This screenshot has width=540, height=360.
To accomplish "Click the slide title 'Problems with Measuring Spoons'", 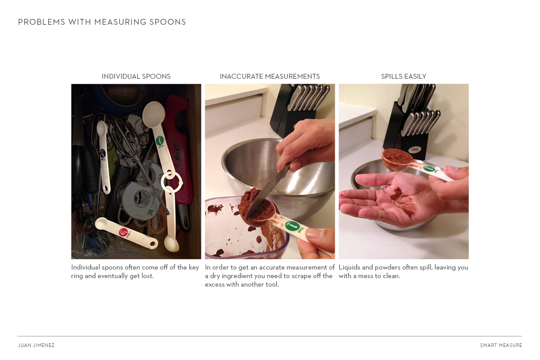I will tap(102, 22).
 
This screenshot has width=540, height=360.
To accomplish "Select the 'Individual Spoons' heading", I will tap(136, 76).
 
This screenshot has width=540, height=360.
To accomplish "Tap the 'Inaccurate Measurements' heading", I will tap(270, 76).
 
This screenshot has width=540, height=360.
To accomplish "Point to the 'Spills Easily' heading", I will tap(403, 76).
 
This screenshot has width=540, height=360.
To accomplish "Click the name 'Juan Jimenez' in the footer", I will tap(36, 346).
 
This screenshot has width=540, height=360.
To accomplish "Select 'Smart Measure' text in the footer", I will tap(501, 346).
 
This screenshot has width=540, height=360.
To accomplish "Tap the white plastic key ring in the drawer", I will tap(171, 182).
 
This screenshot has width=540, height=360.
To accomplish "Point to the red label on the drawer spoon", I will tap(123, 232).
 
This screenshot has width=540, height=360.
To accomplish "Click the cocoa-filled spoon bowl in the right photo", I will tap(397, 157).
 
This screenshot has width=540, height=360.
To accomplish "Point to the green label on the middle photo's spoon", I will tap(292, 226).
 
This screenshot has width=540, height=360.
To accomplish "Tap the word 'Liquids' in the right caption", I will tap(350, 267).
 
